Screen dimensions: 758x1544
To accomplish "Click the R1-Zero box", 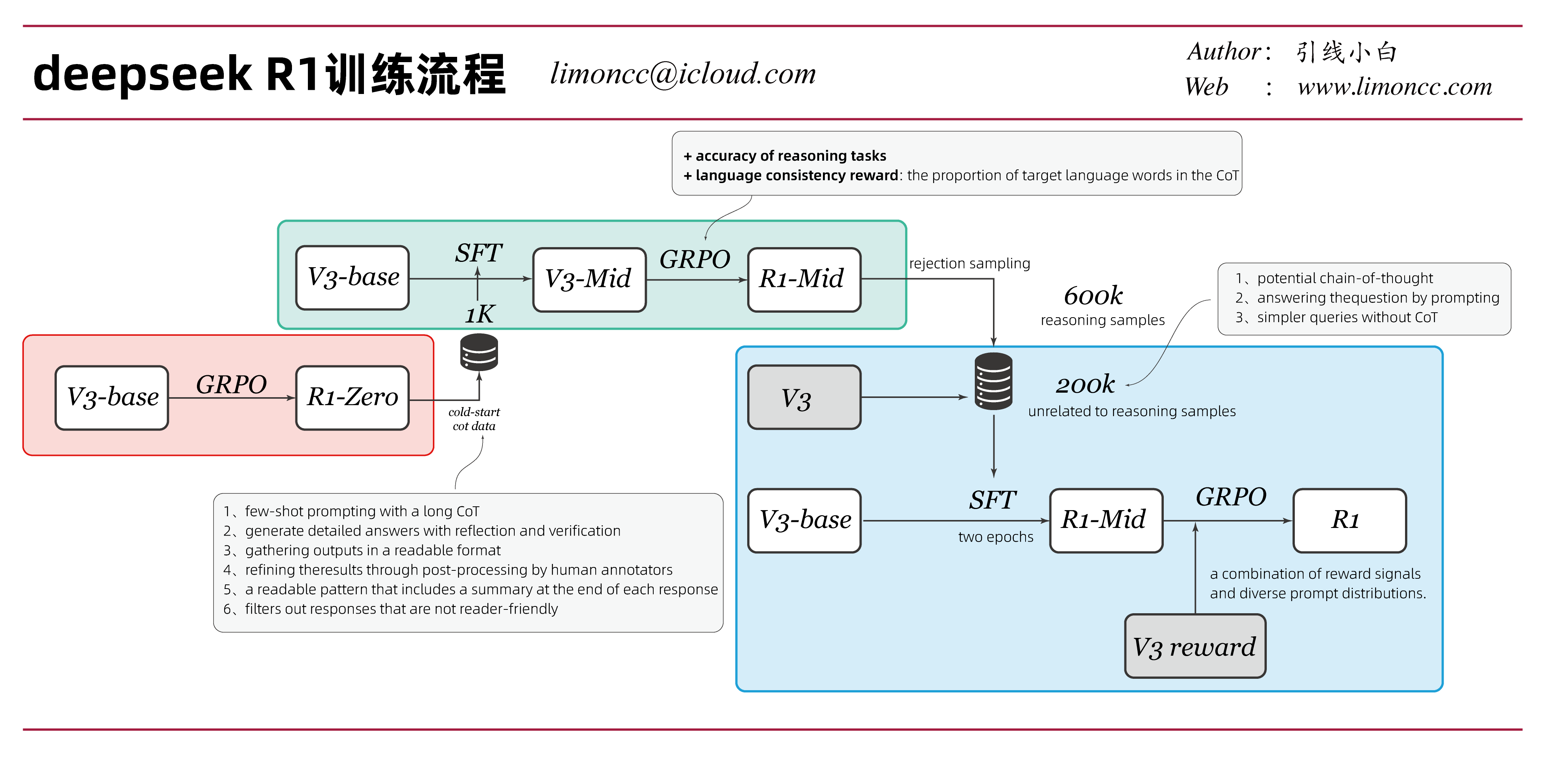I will pyautogui.click(x=353, y=398).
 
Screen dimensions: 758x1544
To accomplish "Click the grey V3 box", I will pyautogui.click(x=804, y=398).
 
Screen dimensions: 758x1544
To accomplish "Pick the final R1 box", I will pyautogui.click(x=1349, y=520).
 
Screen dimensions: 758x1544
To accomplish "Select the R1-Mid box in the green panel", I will pyautogui.click(x=804, y=279).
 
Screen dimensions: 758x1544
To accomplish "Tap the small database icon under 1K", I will pyautogui.click(x=479, y=352).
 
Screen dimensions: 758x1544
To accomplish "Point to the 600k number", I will pyautogui.click(x=1093, y=296).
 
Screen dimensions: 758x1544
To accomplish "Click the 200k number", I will pyautogui.click(x=1085, y=384).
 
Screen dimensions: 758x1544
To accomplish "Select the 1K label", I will pyautogui.click(x=479, y=314).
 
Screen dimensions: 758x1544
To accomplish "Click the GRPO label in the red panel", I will pyautogui.click(x=231, y=384).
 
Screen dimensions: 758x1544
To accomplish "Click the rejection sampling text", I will pyautogui.click(x=969, y=263).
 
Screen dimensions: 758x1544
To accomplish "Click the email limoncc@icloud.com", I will pyautogui.click(x=683, y=74).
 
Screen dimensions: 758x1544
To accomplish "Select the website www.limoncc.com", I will pyautogui.click(x=1394, y=87).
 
